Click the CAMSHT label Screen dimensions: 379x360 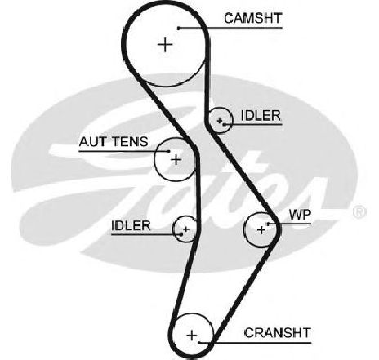point(252,19)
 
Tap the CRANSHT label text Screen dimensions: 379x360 point(277,333)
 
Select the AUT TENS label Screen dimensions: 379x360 point(114,142)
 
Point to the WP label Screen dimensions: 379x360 point(300,215)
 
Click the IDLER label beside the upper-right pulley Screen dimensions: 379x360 point(261,116)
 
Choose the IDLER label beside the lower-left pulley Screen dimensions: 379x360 point(131,225)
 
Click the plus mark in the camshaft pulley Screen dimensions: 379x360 point(165,44)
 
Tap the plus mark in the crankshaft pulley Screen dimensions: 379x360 point(192,335)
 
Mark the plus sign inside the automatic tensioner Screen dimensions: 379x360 point(176,159)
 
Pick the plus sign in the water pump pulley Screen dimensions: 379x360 point(261,230)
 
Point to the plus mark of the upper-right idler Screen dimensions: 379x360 point(220,120)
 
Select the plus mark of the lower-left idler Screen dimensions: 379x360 point(186,229)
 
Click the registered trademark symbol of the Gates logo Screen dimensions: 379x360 point(359,211)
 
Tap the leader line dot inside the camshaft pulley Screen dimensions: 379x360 point(179,28)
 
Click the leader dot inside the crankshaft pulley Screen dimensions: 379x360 point(199,343)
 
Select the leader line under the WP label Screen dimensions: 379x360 point(289,224)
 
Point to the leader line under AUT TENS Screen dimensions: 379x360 point(124,151)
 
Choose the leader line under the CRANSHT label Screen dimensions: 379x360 point(255,343)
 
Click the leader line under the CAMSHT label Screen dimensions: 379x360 point(230,28)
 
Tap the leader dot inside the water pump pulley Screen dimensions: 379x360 point(268,224)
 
